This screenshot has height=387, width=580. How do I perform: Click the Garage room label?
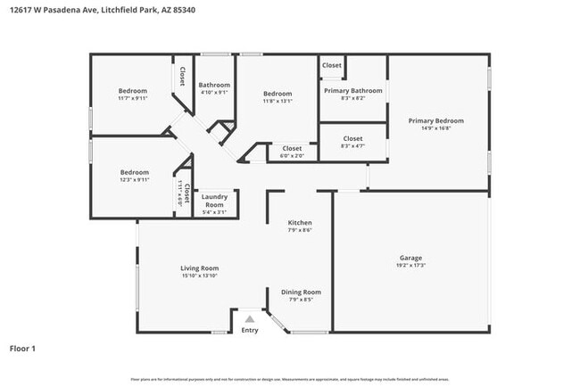(410, 259)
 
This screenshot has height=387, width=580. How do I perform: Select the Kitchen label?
(299, 222)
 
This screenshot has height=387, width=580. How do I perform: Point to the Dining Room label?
(301, 292)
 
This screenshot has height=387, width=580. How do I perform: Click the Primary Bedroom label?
(435, 120)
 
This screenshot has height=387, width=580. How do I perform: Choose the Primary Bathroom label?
(353, 90)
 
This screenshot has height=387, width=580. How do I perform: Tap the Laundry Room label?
(214, 200)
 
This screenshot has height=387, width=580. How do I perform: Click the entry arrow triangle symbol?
(250, 317)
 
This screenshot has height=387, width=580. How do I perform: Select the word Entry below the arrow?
(250, 330)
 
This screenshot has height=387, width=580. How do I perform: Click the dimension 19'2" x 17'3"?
(410, 266)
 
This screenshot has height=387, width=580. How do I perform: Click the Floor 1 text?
(22, 348)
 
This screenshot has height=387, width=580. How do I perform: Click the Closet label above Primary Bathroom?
(332, 65)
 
